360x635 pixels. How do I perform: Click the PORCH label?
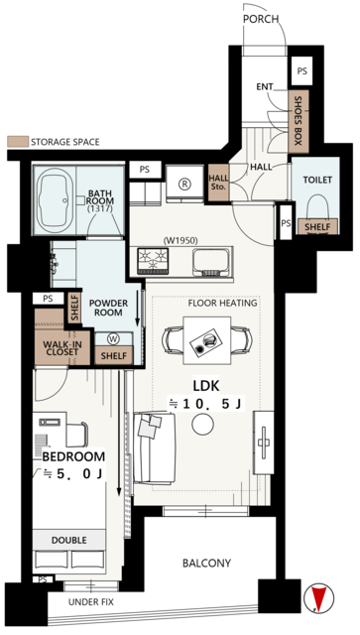click(261, 19)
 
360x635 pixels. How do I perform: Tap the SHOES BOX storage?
click(299, 121)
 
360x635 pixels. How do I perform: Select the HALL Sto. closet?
click(218, 183)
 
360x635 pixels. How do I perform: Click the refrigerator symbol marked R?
click(184, 184)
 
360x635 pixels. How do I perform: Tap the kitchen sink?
click(210, 262)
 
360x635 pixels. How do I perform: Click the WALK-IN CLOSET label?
click(62, 348)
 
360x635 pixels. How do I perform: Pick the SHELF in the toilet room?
click(317, 227)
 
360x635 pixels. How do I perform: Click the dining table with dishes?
click(207, 340)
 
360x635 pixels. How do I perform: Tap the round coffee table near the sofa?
click(202, 425)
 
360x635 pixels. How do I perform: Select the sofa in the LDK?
click(155, 448)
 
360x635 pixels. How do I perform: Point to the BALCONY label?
click(206, 563)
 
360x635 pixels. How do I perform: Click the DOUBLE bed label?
click(68, 540)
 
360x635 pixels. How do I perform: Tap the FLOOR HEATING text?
click(223, 303)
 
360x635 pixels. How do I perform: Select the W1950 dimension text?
click(180, 240)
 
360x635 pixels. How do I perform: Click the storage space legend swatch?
click(18, 142)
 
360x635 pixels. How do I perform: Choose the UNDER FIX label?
click(90, 602)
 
